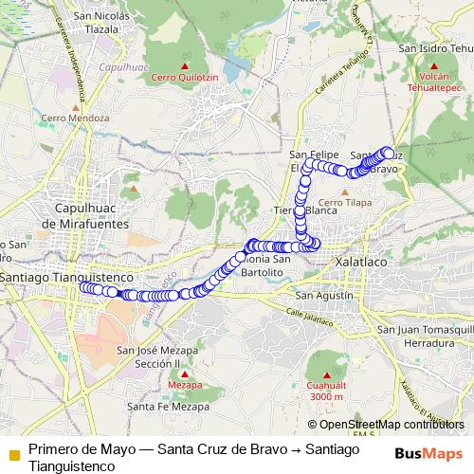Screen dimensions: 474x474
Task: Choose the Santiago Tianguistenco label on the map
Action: tap(64, 276)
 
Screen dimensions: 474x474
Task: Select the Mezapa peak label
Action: tap(185, 386)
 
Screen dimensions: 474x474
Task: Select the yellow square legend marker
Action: tap(13, 453)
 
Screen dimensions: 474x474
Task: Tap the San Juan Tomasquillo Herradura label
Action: tap(424, 336)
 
